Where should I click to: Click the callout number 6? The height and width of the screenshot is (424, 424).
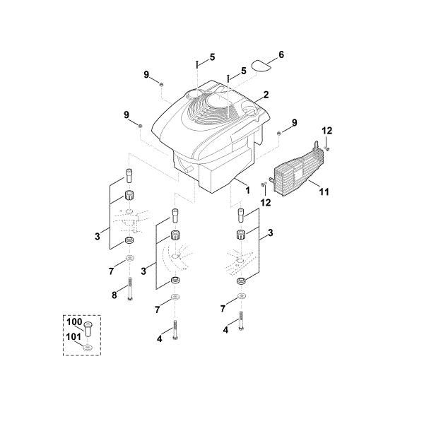coord(281,54)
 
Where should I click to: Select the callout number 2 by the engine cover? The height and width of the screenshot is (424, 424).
coord(266,95)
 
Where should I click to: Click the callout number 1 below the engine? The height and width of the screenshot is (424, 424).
coord(247,190)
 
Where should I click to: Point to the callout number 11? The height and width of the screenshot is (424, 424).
coord(324,192)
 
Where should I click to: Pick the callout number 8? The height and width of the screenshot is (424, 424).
coord(114,295)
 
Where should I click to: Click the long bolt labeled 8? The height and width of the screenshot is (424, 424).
coord(130,289)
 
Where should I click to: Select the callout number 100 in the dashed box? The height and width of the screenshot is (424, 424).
coord(74,322)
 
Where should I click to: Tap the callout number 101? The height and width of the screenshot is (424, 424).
coord(73,336)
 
